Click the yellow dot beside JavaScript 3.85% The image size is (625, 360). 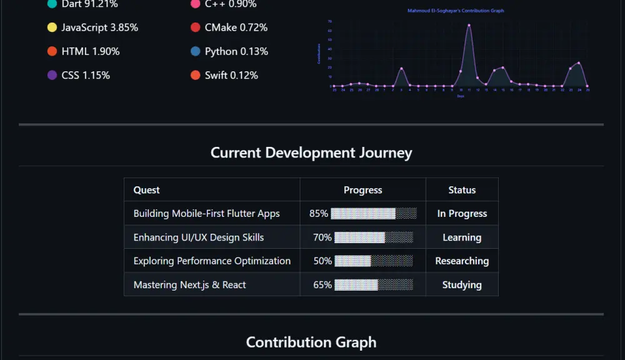(x=52, y=27)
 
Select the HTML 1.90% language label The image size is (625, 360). (x=90, y=51)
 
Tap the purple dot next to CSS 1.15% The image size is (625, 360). (x=52, y=75)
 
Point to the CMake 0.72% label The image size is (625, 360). (x=236, y=27)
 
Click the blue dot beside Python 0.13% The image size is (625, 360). (x=196, y=51)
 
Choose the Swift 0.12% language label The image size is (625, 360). (x=231, y=75)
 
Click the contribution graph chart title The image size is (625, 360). (x=455, y=11)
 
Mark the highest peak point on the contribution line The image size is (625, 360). (x=469, y=26)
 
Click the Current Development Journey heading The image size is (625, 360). (x=311, y=152)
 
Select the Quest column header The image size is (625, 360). (x=146, y=190)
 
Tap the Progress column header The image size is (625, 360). (x=362, y=190)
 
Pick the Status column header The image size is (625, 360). (x=462, y=190)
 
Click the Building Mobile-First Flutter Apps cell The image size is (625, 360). (x=206, y=214)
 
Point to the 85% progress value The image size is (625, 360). (x=319, y=214)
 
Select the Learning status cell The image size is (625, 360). (x=462, y=237)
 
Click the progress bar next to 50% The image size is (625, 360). (x=374, y=261)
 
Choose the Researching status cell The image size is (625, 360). (x=462, y=261)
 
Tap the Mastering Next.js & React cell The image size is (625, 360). (x=189, y=285)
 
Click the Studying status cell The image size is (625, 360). (x=462, y=285)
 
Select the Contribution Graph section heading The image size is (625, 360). (x=311, y=342)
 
